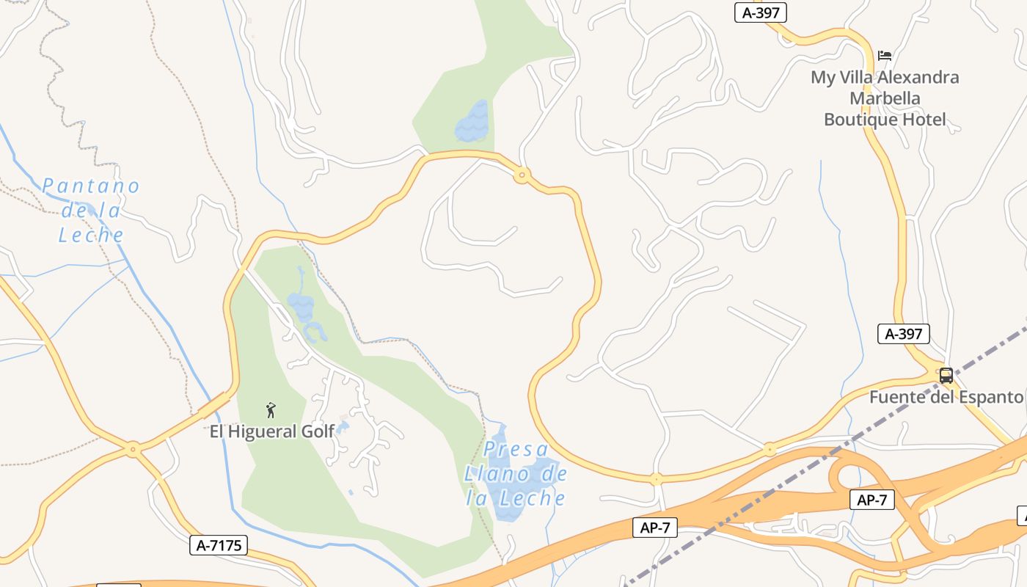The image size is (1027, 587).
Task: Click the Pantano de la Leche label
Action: coord(90,210)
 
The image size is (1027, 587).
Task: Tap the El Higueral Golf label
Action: coord(271,431)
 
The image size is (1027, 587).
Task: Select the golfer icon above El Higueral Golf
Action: coord(271,410)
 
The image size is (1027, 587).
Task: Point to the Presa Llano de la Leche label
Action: coord(516,474)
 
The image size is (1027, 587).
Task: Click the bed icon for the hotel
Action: coord(885,56)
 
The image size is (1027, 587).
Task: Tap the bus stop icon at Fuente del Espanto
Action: coord(946,376)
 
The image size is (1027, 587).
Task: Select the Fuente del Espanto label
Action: coord(946,397)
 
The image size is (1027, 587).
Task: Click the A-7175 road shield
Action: coord(219,545)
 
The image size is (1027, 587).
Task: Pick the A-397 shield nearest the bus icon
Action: coord(904,334)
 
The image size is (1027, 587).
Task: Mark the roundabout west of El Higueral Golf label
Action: coord(133,448)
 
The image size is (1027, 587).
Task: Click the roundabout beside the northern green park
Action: coord(522,175)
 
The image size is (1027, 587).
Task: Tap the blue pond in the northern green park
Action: coord(472,122)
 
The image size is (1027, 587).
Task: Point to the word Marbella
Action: coord(885,98)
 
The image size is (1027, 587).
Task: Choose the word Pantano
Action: coord(90,186)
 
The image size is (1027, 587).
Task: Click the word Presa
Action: coord(516,449)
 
